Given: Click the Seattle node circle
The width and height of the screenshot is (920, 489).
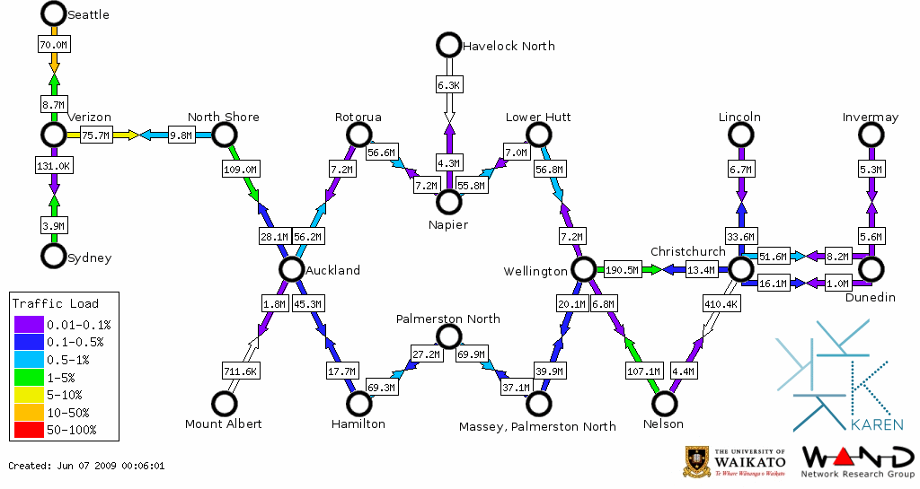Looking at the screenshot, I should (53, 13).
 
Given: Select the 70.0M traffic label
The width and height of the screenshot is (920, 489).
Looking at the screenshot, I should (54, 44).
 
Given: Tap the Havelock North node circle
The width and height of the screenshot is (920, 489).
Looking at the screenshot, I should (447, 44).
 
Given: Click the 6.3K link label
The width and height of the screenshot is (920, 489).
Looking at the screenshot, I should (448, 84).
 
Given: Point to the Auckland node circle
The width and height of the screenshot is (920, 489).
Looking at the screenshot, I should (290, 268).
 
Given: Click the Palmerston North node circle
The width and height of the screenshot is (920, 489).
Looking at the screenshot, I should (447, 336).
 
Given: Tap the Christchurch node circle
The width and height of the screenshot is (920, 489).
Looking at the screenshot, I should (739, 268).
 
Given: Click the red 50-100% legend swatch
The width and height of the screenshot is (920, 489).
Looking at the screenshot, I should (27, 430).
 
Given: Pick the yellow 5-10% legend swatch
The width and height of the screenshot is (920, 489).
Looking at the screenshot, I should (27, 395).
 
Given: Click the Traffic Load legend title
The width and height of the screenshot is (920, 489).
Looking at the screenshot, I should (56, 303).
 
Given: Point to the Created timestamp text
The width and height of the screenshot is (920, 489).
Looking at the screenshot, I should (86, 466).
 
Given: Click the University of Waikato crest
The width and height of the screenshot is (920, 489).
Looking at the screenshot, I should (698, 461).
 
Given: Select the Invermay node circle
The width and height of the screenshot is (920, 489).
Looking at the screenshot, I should (871, 135).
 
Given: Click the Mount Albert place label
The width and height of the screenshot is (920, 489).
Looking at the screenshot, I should (223, 424).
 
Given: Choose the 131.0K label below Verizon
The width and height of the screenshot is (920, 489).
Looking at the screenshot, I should (54, 166).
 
